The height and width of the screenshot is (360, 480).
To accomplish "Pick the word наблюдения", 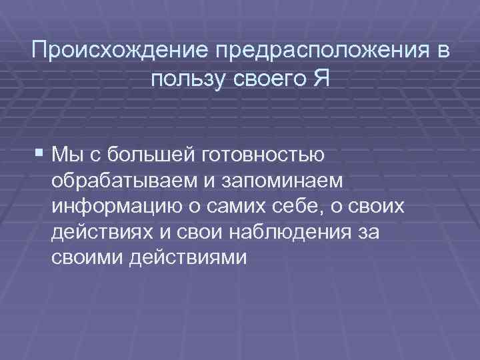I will (x=301, y=231).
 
